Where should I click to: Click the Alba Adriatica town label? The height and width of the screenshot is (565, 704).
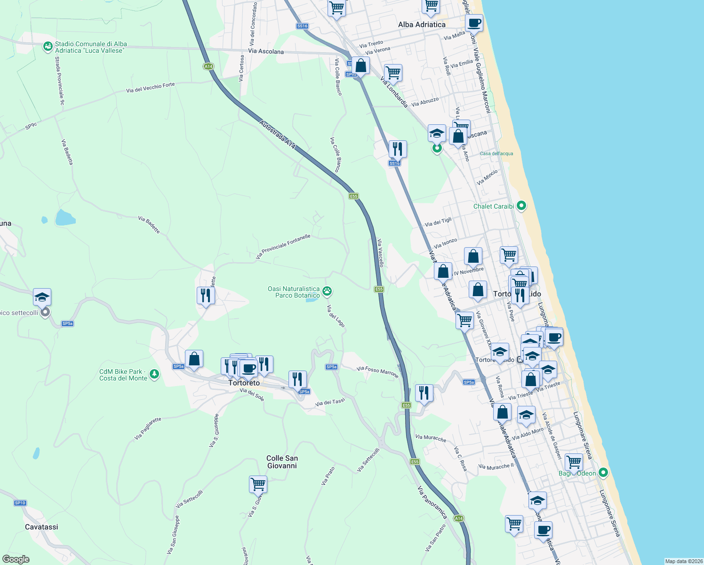click(422, 24)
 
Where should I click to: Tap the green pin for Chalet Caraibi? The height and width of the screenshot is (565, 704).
click(521, 206)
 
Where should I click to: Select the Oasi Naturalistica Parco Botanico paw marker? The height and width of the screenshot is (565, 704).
click(328, 291)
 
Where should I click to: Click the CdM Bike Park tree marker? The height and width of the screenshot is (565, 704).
click(154, 374)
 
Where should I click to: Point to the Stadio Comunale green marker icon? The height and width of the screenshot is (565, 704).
click(48, 47)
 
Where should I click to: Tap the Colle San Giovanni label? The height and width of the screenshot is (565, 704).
click(282, 462)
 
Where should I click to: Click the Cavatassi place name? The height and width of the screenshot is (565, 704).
click(41, 527)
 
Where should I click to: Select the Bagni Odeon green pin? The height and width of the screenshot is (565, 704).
click(603, 472)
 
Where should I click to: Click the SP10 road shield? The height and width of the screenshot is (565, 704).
click(20, 503)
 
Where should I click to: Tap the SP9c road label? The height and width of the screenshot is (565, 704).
click(31, 126)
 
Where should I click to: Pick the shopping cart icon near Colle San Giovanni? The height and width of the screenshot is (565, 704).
click(258, 484)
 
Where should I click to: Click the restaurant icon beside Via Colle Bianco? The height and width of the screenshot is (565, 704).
click(398, 149)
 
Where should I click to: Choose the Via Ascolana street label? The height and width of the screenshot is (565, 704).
click(266, 51)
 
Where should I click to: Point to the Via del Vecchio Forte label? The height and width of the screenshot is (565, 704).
click(150, 88)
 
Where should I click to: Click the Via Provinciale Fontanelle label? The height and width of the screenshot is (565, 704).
click(283, 247)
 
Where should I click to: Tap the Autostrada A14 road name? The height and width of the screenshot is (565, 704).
click(278, 135)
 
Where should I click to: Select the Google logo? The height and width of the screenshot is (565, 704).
click(16, 559)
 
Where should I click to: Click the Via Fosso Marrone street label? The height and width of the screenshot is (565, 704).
click(377, 372)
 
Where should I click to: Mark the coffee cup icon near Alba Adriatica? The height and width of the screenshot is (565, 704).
click(474, 23)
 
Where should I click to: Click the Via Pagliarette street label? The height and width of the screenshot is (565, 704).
click(148, 428)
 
